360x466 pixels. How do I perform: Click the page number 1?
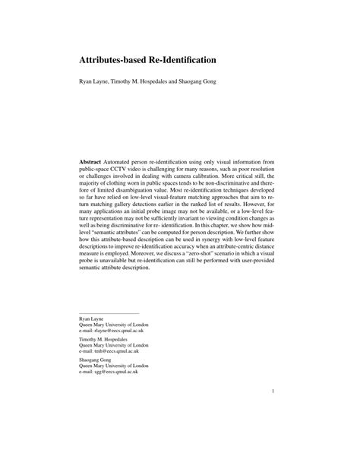271,414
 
